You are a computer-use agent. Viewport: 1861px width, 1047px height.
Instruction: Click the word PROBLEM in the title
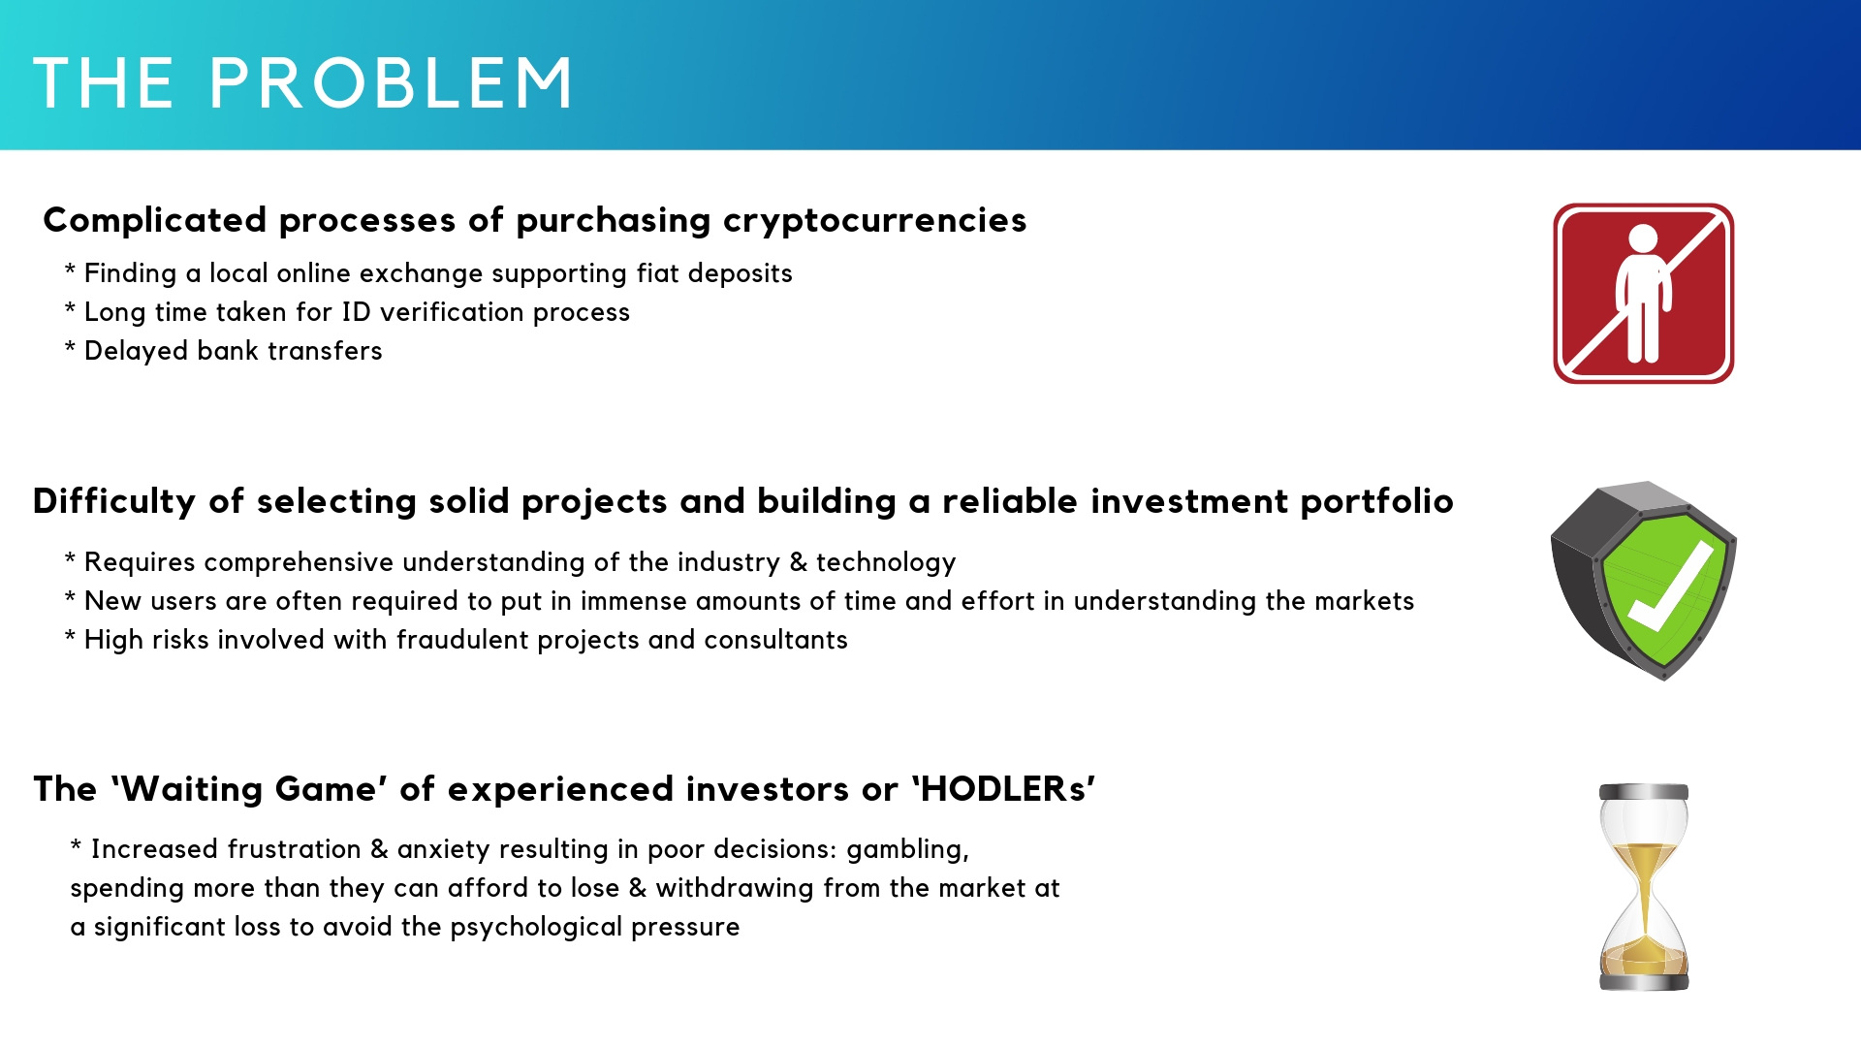(x=391, y=82)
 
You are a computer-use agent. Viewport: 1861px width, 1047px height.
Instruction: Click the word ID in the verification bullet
(x=357, y=311)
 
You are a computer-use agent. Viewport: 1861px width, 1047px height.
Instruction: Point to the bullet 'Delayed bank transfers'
(x=224, y=350)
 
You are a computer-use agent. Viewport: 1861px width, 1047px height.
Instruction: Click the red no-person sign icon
(x=1644, y=294)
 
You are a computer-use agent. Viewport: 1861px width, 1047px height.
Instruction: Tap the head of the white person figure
(x=1643, y=238)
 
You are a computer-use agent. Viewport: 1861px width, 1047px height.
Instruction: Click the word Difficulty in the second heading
(x=114, y=501)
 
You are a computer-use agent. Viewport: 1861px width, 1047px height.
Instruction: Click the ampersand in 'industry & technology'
(x=798, y=562)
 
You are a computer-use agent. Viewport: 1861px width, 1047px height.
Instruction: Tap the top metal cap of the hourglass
(x=1644, y=792)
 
